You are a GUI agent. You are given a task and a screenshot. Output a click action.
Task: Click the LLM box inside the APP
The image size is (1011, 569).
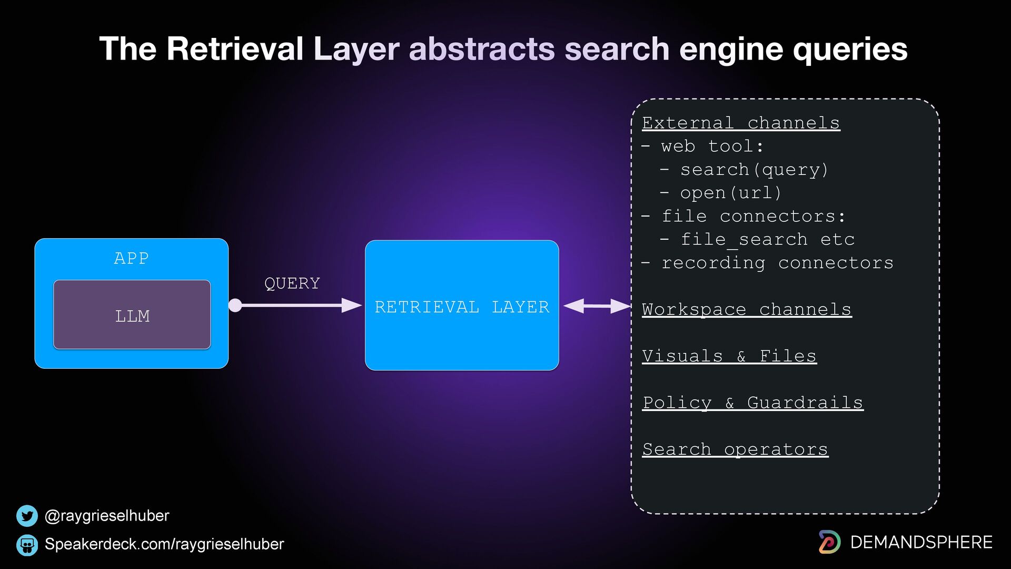pyautogui.click(x=132, y=315)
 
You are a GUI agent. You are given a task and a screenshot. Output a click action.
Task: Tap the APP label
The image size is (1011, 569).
pyautogui.click(x=132, y=258)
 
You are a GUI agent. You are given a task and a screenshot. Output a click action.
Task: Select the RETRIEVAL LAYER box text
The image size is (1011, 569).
pyautogui.click(x=462, y=307)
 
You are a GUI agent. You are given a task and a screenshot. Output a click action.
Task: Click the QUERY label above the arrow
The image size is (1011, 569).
pyautogui.click(x=292, y=283)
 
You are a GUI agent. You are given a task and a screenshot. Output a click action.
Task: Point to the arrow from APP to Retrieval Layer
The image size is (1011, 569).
pyautogui.click(x=295, y=305)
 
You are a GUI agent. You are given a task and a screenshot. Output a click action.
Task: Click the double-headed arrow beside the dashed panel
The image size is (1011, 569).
pyautogui.click(x=597, y=306)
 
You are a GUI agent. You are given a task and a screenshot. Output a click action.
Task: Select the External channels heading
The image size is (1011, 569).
pyautogui.click(x=741, y=123)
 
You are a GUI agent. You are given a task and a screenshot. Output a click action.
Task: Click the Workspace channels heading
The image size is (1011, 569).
pyautogui.click(x=747, y=309)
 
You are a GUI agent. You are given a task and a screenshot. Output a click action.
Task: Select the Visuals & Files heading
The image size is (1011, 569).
pyautogui.click(x=729, y=356)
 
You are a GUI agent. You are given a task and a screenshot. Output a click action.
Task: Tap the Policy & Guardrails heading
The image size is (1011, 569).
pyautogui.click(x=753, y=403)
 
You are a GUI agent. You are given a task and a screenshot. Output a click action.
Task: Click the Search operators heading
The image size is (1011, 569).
pyautogui.click(x=735, y=449)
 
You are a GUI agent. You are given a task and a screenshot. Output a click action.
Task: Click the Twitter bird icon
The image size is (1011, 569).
pyautogui.click(x=27, y=516)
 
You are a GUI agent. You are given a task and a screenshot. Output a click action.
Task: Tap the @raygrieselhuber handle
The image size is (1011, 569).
pyautogui.click(x=107, y=515)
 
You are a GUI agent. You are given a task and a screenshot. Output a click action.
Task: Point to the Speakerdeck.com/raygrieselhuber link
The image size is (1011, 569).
pyautogui.click(x=164, y=544)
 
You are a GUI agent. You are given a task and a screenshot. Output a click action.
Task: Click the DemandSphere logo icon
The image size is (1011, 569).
pyautogui.click(x=829, y=542)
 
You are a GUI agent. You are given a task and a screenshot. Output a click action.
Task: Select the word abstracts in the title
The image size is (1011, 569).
pyautogui.click(x=482, y=48)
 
